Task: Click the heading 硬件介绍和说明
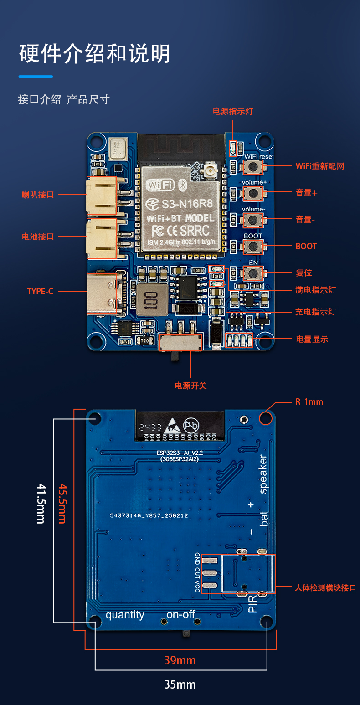tap(95, 54)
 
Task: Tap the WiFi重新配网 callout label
tap(319, 166)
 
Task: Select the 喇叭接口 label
tap(38, 195)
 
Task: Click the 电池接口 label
tap(38, 237)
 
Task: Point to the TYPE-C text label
tap(40, 291)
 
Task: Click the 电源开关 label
tap(191, 386)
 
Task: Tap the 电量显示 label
tap(312, 339)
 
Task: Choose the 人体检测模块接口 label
tap(325, 588)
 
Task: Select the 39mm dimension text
tap(180, 660)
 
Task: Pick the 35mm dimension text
tap(180, 684)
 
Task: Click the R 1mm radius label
tap(309, 402)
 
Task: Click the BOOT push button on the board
tap(252, 247)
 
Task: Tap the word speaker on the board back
tap(263, 474)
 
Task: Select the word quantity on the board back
tap(125, 615)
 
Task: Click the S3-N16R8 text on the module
tap(182, 202)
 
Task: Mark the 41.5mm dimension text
tap(41, 503)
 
